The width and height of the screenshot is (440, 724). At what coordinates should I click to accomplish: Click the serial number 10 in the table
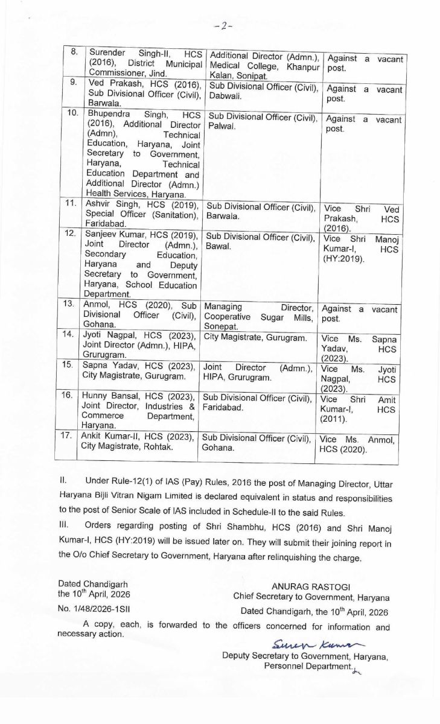point(73,113)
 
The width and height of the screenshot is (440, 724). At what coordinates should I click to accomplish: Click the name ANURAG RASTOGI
point(311,586)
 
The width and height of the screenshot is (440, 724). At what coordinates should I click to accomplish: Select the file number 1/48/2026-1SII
point(92,610)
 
